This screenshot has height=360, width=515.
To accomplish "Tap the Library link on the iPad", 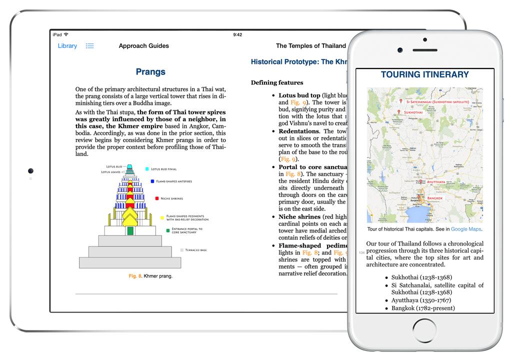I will point(67,46).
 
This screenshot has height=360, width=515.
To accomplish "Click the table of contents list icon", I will point(89,46).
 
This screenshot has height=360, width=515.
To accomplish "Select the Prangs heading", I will point(150,72).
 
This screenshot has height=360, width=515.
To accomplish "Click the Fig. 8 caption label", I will point(135,276).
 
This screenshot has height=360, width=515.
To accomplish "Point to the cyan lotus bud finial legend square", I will point(147,169).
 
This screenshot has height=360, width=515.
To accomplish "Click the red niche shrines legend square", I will point(157,198).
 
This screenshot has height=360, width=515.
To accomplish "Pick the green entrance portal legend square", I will point(168,230).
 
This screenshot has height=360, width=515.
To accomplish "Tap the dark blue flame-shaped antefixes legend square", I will point(152,181).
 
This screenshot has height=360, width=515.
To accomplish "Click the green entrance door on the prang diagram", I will point(130,231).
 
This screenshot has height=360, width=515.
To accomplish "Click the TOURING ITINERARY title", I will point(424,75).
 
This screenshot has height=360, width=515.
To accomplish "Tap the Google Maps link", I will point(466,229).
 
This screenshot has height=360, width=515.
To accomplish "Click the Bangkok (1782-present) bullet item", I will point(423,308).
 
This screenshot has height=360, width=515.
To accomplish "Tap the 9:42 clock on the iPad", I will point(237,34).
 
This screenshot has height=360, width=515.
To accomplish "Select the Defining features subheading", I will point(277,82).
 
